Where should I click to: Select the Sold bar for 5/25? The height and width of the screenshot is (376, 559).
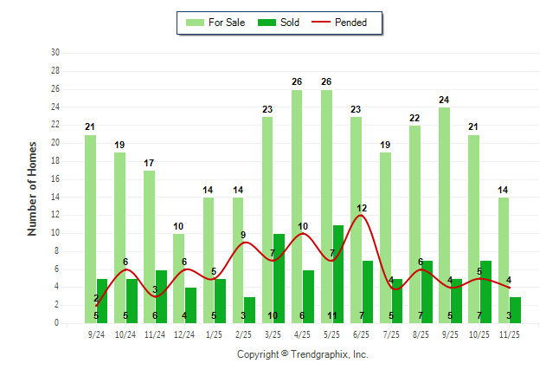coord(338,274)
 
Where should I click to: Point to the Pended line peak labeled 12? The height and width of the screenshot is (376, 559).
coord(362,217)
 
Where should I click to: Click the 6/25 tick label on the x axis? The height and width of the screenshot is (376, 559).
coord(362,334)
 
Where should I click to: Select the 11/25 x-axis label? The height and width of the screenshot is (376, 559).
coord(509,334)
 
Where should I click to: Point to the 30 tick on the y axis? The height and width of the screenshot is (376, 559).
coord(55,53)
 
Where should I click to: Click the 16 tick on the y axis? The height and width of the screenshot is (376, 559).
coord(55,178)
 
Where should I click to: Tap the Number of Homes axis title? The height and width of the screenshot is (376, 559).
coord(32,188)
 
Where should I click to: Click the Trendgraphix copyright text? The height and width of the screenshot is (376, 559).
coord(303,354)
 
